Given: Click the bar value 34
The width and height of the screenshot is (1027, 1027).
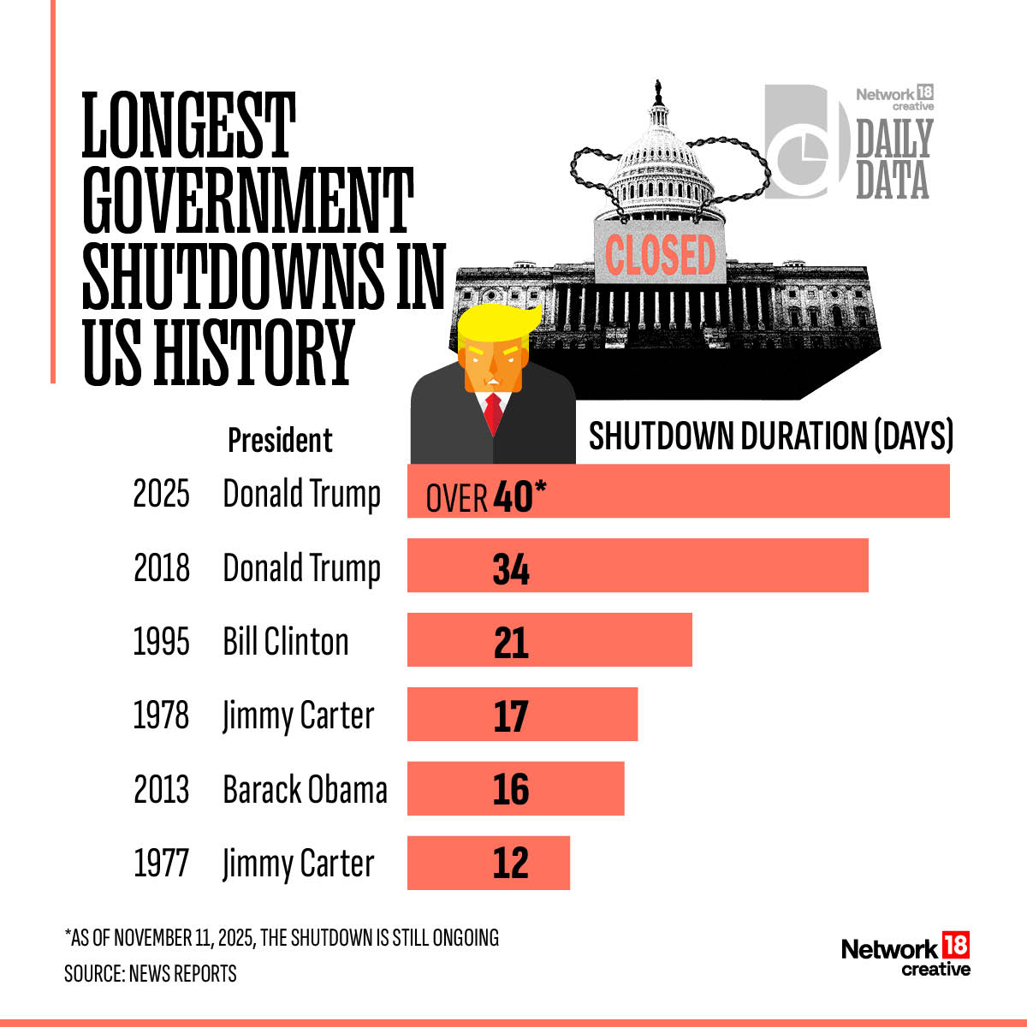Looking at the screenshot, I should pyautogui.click(x=511, y=569).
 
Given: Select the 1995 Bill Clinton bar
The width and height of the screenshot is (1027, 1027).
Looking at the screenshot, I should pyautogui.click(x=549, y=640).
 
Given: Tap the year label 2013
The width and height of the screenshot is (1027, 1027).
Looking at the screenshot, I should pyautogui.click(x=161, y=789).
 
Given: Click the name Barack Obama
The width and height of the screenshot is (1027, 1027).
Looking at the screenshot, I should pyautogui.click(x=305, y=789).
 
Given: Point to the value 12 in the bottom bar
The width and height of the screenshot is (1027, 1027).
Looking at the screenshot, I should pyautogui.click(x=511, y=863).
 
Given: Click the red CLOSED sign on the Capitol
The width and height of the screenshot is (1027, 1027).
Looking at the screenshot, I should pyautogui.click(x=660, y=255).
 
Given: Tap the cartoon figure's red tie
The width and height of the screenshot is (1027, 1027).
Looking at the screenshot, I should pyautogui.click(x=493, y=413).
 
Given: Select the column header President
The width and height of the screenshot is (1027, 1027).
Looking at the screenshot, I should pyautogui.click(x=280, y=440).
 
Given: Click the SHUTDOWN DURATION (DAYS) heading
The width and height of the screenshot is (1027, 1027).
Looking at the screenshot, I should pyautogui.click(x=770, y=436).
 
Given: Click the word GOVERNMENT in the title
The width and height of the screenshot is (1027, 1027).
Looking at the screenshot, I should pyautogui.click(x=248, y=201).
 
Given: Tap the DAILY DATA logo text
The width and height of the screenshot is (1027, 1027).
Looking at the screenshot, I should pyautogui.click(x=893, y=159).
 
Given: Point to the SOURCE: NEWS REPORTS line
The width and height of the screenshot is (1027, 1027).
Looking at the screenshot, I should pyautogui.click(x=151, y=974).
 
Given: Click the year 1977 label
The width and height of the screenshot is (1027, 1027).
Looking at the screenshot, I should pyautogui.click(x=161, y=863).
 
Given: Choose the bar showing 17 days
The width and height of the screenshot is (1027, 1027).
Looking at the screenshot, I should pyautogui.click(x=522, y=715).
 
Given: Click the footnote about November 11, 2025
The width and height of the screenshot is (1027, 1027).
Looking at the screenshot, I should pyautogui.click(x=282, y=937).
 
